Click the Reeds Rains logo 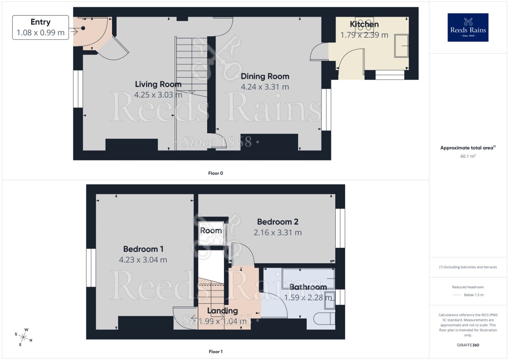click(x=468, y=27)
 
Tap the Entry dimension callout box click(x=40, y=27)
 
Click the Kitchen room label click(x=364, y=24)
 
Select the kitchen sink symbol click(x=401, y=46)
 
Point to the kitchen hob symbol click(x=364, y=24)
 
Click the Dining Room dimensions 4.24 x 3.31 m click(x=265, y=87)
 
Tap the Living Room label click(x=158, y=84)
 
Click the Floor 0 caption click(x=215, y=173)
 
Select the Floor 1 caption click(x=215, y=351)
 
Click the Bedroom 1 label click(x=143, y=249)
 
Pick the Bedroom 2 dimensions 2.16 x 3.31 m click(x=277, y=232)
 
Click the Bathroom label click(x=308, y=287)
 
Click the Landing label click(x=222, y=311)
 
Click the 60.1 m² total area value click(x=468, y=156)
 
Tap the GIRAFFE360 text click(x=468, y=345)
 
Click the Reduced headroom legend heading click(x=468, y=287)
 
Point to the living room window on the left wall click(x=78, y=89)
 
